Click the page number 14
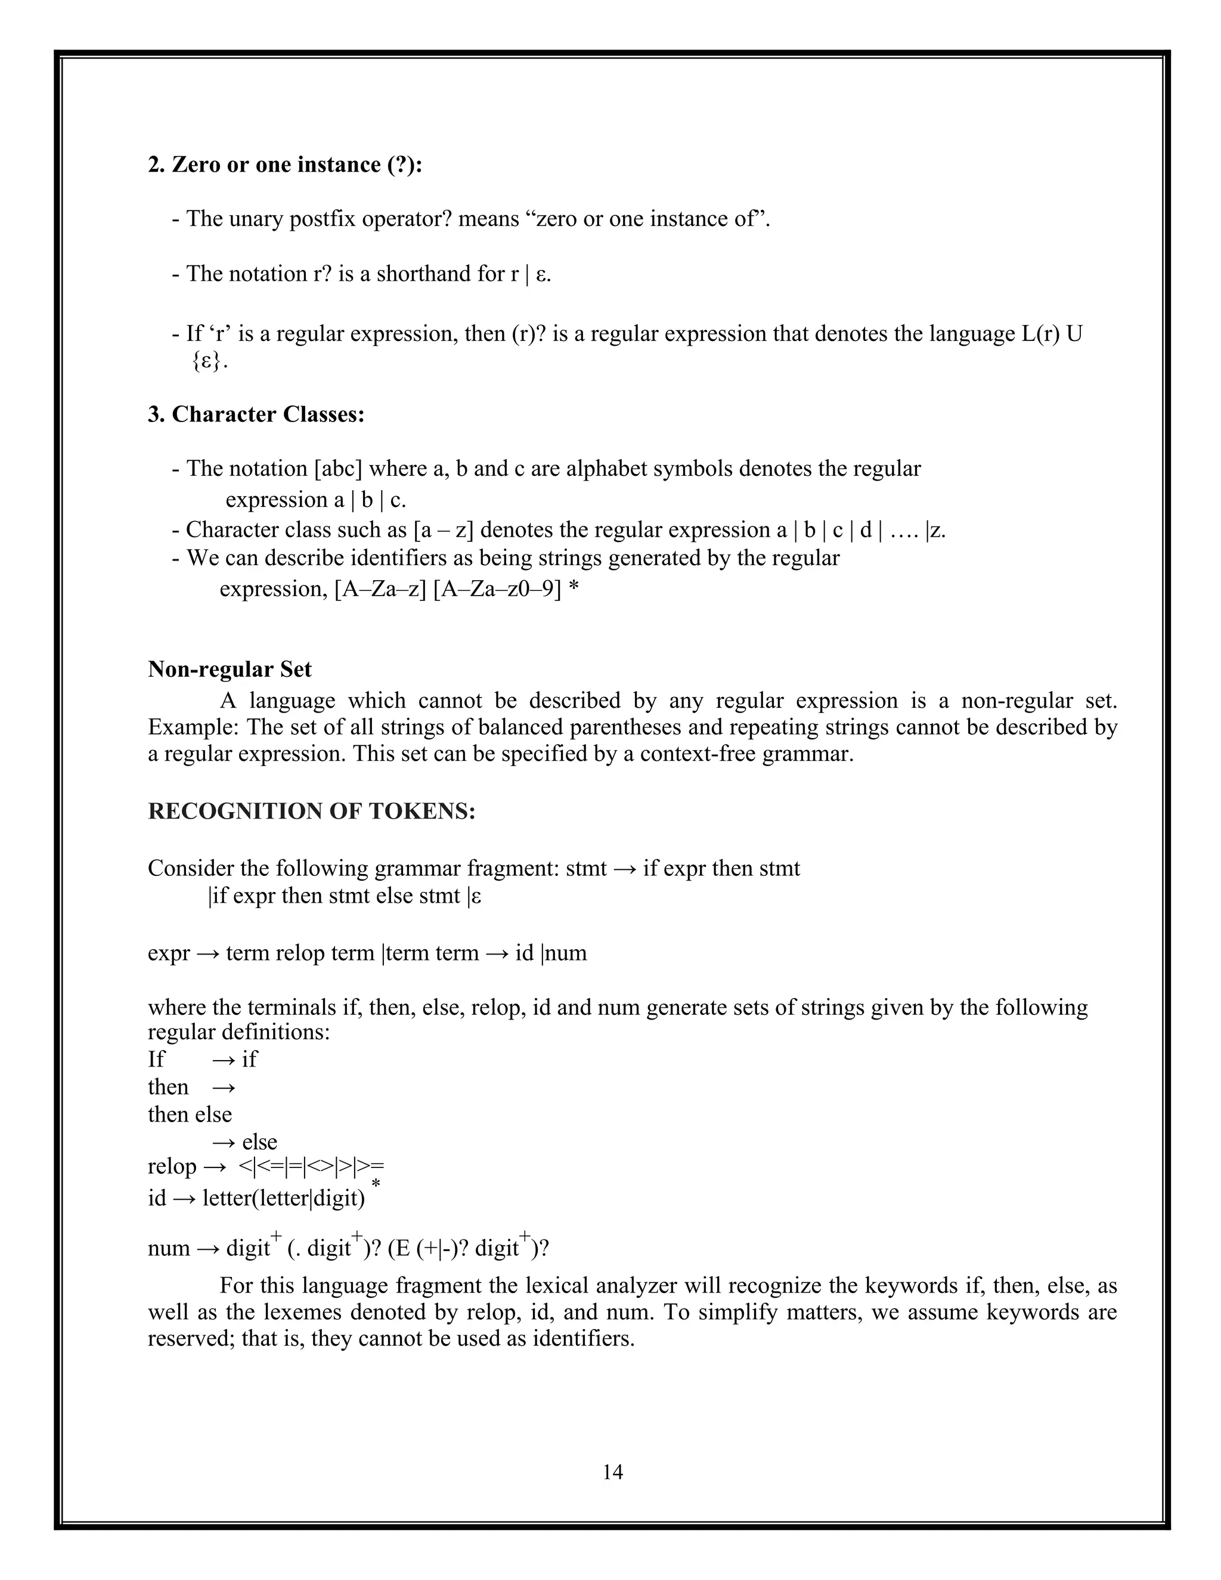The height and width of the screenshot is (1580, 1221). (x=612, y=1471)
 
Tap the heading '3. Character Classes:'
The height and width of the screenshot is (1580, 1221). (x=256, y=414)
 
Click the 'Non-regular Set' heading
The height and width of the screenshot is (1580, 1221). (x=230, y=669)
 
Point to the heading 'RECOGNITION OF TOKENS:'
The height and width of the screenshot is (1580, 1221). (x=312, y=811)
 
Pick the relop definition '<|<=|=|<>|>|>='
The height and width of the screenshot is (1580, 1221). (x=311, y=1167)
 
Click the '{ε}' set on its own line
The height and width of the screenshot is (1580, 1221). (x=210, y=362)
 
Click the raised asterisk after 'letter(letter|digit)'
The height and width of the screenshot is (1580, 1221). (x=376, y=1184)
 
